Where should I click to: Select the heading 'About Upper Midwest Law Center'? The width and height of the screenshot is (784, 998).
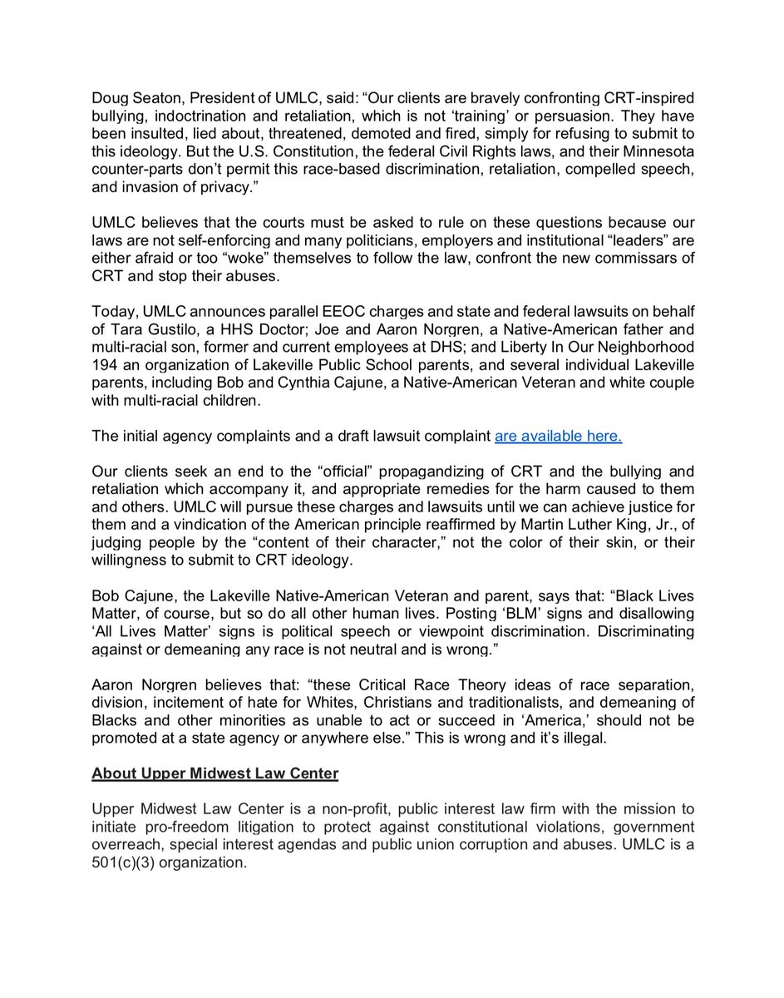coord(215,773)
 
